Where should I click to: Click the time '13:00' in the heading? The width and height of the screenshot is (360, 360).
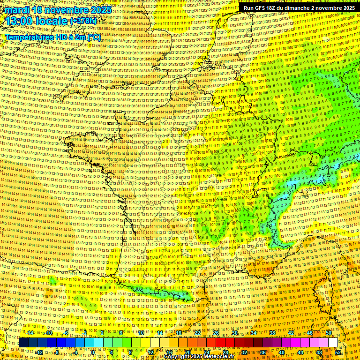point(19,21)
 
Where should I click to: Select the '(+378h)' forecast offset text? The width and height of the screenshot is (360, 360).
point(83,21)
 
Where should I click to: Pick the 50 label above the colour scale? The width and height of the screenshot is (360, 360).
point(329,333)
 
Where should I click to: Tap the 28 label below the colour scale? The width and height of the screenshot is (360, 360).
point(225,352)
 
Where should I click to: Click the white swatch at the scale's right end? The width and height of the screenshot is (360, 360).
point(333,343)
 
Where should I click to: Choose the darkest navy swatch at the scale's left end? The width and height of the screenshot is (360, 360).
point(23,343)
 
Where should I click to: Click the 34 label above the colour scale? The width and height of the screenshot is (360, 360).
point(254,333)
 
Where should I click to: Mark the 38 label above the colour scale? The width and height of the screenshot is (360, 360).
point(272,333)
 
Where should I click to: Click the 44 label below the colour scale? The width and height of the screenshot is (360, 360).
point(300,352)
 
